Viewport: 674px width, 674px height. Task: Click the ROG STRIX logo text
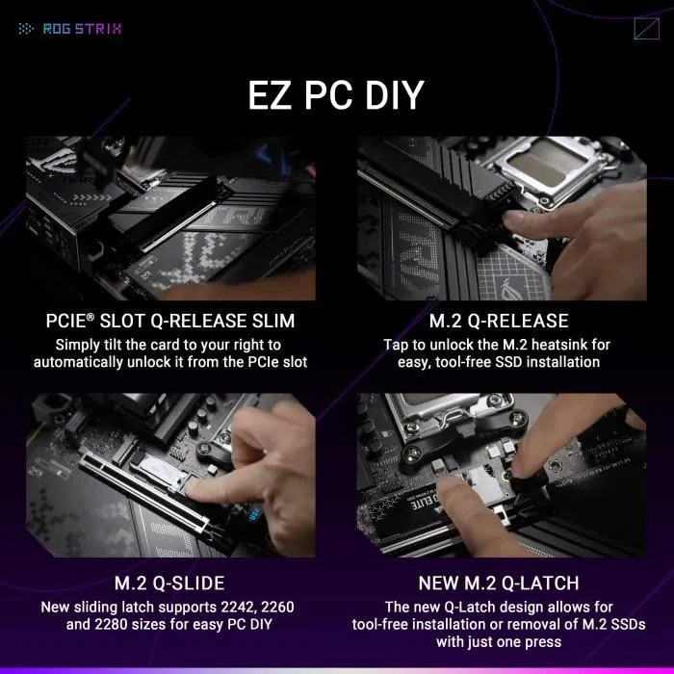[x=82, y=28]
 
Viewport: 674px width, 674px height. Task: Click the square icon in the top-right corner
[x=646, y=28]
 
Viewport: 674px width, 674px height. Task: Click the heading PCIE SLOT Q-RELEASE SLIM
[x=170, y=321]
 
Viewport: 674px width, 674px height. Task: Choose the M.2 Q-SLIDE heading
[x=169, y=583]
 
